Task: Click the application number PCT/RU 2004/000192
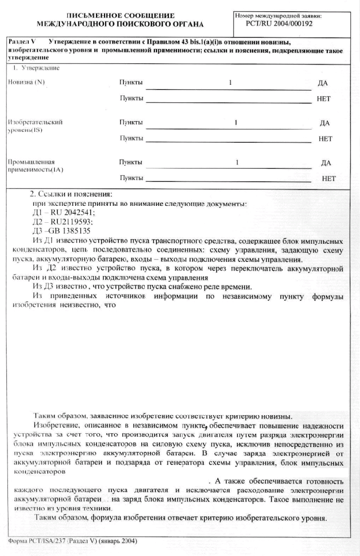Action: pos(279,24)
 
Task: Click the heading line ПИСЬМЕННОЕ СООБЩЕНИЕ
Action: pos(121,16)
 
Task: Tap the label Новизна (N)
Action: pos(26,82)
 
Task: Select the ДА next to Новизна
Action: pos(323,83)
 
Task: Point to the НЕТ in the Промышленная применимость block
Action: pos(328,179)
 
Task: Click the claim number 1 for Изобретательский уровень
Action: pos(236,123)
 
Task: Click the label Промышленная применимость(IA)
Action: pos(36,166)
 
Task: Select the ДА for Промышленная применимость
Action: pos(326,163)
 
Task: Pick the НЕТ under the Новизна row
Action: pos(323,99)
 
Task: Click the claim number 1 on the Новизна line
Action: pos(231,83)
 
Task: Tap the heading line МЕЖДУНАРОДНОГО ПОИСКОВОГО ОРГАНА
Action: pos(120,24)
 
